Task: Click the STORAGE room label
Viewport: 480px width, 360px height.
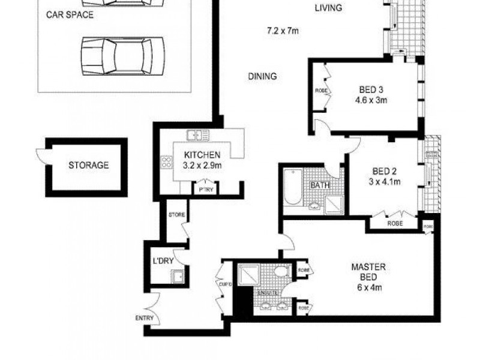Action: tap(88, 165)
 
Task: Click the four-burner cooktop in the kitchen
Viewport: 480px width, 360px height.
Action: tap(166, 161)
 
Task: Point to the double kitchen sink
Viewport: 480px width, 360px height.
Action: tap(197, 134)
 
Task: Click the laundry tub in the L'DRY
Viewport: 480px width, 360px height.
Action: tap(178, 277)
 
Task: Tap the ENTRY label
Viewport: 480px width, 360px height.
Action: tap(145, 318)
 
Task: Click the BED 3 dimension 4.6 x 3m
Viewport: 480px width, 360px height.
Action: tap(371, 100)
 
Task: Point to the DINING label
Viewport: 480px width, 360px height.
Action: tap(262, 76)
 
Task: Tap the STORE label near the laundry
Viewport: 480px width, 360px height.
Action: tap(176, 214)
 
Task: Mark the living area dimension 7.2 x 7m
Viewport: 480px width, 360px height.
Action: tap(283, 30)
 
